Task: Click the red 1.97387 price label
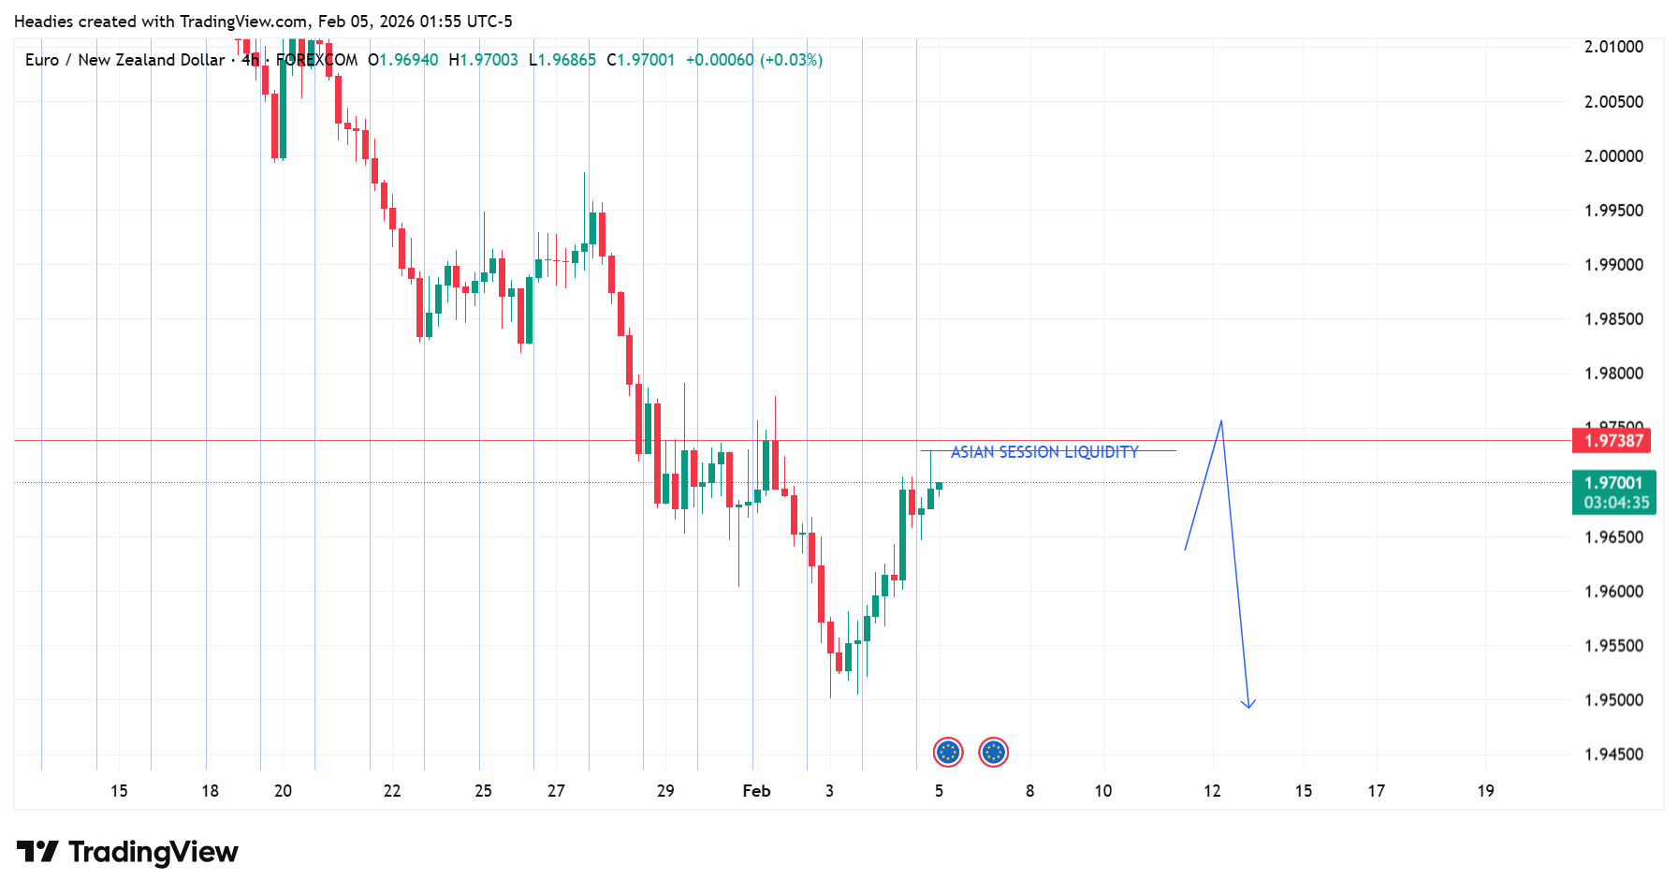1612,441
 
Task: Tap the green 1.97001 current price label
1613,483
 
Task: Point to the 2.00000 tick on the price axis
1613,156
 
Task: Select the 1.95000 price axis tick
1613,700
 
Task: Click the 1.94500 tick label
1613,755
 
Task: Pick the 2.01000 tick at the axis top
1613,47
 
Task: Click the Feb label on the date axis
756,791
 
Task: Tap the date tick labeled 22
392,791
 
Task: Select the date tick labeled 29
665,791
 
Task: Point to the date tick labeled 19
1485,791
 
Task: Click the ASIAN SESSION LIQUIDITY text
1044,452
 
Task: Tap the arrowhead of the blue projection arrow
1248,705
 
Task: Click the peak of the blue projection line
1221,422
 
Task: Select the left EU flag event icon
948,752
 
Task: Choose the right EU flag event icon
993,752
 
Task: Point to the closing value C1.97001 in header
640,60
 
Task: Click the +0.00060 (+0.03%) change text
753,60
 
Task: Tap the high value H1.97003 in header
483,60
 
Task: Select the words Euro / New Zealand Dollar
124,60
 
